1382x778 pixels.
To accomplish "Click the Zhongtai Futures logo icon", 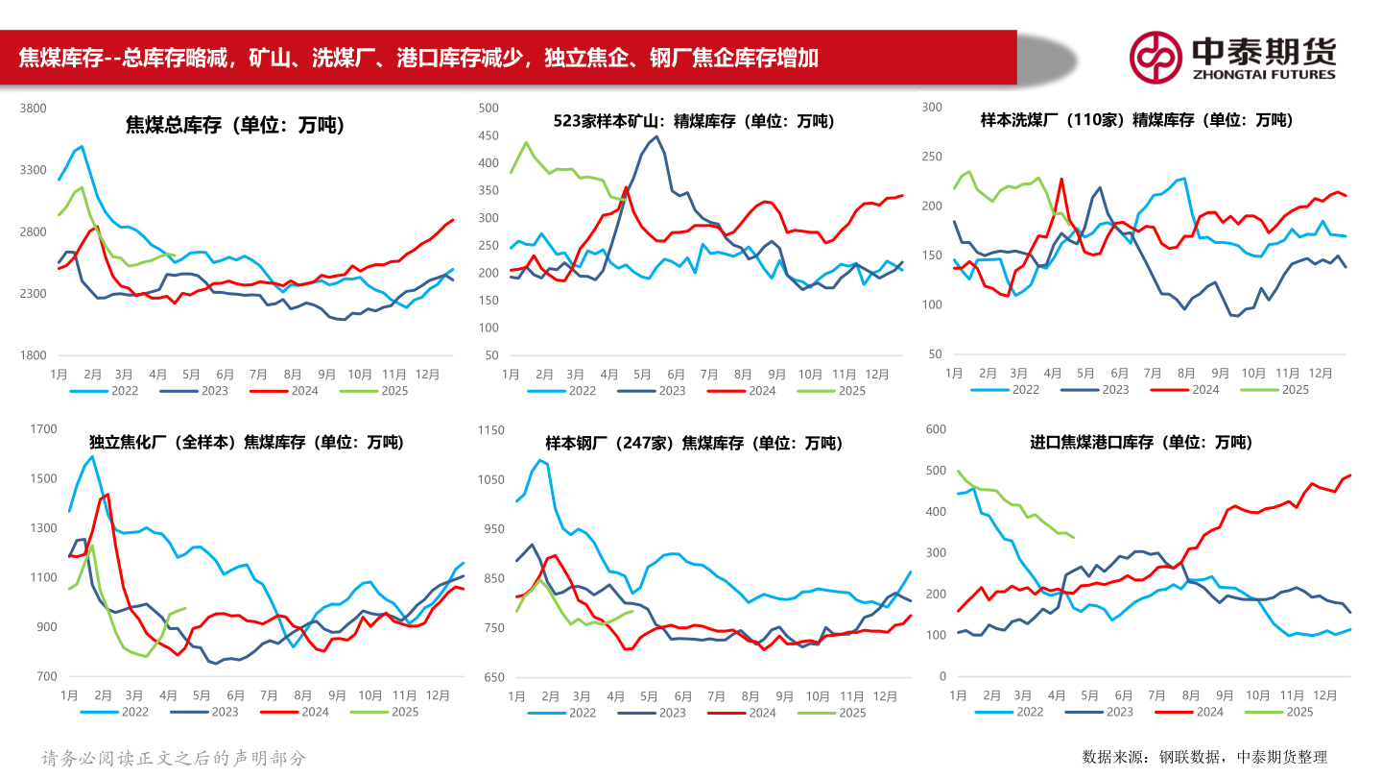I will (x=1156, y=57).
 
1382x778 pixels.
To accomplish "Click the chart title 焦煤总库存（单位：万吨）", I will (x=235, y=125).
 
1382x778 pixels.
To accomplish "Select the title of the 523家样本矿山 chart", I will (x=693, y=121).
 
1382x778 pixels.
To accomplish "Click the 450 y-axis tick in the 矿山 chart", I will (x=489, y=136).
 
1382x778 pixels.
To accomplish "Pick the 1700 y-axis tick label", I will (x=44, y=429).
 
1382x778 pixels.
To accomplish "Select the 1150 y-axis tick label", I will (x=490, y=429).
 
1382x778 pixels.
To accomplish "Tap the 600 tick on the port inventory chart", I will (x=935, y=429).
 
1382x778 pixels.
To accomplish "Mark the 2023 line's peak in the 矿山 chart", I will (x=655, y=136).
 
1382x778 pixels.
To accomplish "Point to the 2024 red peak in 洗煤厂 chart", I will (x=1061, y=180).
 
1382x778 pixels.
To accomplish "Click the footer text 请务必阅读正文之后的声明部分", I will (x=174, y=758).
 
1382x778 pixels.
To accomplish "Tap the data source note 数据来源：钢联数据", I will (x=1204, y=757).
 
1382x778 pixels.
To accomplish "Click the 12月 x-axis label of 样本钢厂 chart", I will (x=875, y=695).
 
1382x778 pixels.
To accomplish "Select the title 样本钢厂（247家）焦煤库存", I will (x=693, y=443).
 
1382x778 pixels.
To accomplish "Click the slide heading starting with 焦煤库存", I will (x=418, y=58).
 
